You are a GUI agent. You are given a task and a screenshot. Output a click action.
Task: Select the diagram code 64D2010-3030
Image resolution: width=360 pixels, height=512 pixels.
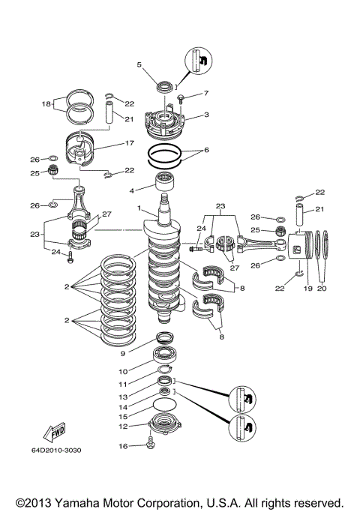tap(57, 472)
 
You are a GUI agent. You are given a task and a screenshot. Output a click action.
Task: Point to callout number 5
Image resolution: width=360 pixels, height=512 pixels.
tap(139, 65)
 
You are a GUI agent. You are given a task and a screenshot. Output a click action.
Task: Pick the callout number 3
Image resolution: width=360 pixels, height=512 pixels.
tap(206, 116)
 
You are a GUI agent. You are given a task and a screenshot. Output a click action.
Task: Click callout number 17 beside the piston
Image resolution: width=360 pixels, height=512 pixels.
tap(129, 143)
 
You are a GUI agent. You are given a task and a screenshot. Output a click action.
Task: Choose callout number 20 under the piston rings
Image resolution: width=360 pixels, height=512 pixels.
tap(323, 288)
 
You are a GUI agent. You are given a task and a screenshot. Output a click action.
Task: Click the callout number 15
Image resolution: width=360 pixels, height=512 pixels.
tap(123, 415)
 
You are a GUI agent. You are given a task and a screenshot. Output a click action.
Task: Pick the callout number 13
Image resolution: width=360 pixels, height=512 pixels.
tap(123, 396)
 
